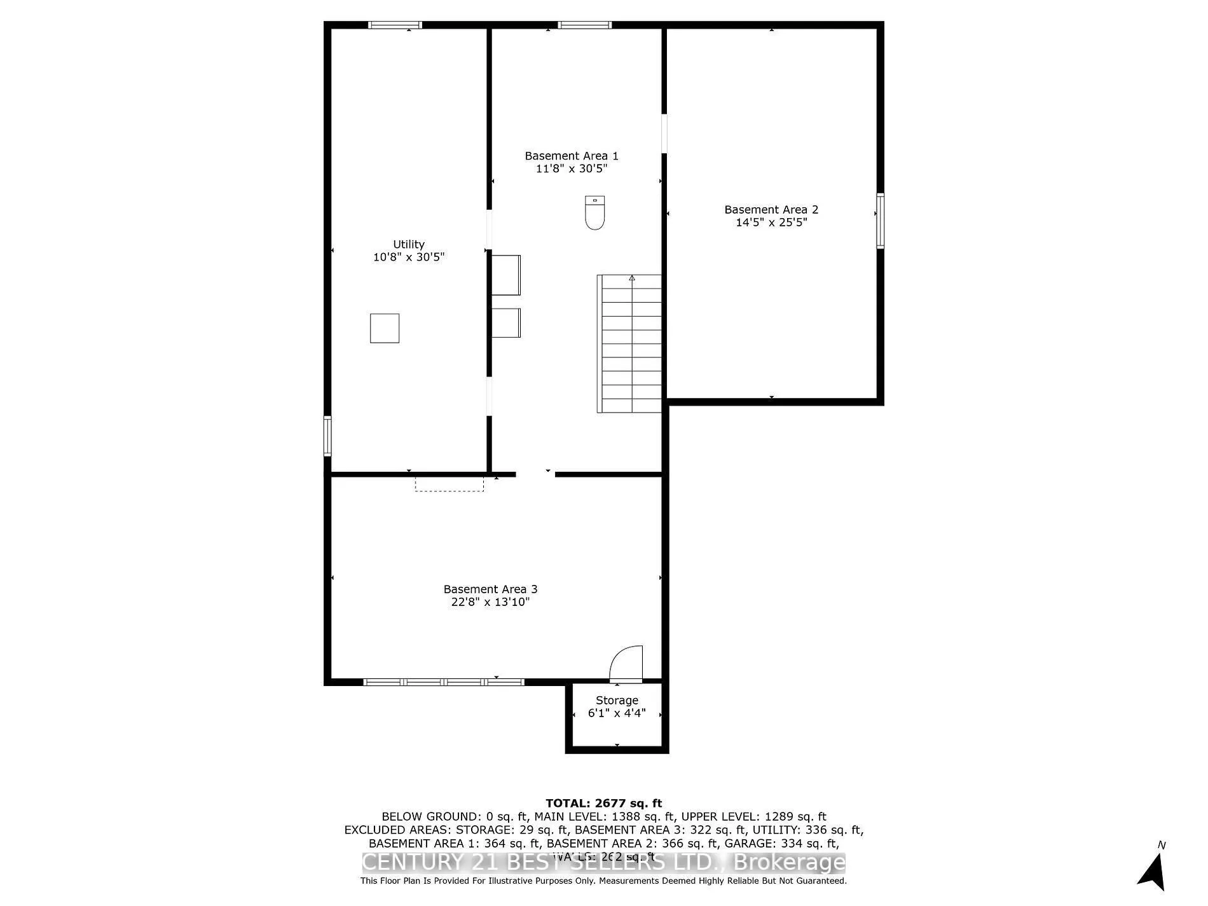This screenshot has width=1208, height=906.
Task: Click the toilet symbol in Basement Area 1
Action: (x=594, y=212)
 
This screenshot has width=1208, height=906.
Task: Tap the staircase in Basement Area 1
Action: (x=629, y=343)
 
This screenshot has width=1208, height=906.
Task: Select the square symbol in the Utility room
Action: (x=385, y=328)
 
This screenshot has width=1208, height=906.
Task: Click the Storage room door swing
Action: (x=627, y=664)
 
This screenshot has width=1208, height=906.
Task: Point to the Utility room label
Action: (x=408, y=244)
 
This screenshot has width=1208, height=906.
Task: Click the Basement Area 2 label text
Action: (x=771, y=210)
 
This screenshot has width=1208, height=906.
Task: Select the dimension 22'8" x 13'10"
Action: (x=490, y=602)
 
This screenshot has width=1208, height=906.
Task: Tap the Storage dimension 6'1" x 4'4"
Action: (x=617, y=713)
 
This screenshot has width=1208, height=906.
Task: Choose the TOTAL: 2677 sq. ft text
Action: (x=603, y=803)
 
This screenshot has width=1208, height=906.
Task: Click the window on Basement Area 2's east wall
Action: (x=881, y=221)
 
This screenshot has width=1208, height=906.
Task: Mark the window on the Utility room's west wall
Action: (x=327, y=436)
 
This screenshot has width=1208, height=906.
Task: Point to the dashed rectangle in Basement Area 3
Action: (x=450, y=484)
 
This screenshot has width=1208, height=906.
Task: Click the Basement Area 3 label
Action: (x=490, y=589)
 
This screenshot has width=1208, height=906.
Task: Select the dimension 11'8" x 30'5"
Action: (x=572, y=168)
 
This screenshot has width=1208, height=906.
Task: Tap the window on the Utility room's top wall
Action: (x=395, y=25)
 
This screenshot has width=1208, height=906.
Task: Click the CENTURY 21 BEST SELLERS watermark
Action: (x=603, y=863)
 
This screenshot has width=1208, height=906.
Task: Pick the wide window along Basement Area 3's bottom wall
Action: (x=444, y=682)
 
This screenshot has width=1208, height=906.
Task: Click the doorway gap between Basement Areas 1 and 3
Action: (x=535, y=474)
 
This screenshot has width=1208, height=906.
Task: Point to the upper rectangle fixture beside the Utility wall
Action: (x=506, y=275)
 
